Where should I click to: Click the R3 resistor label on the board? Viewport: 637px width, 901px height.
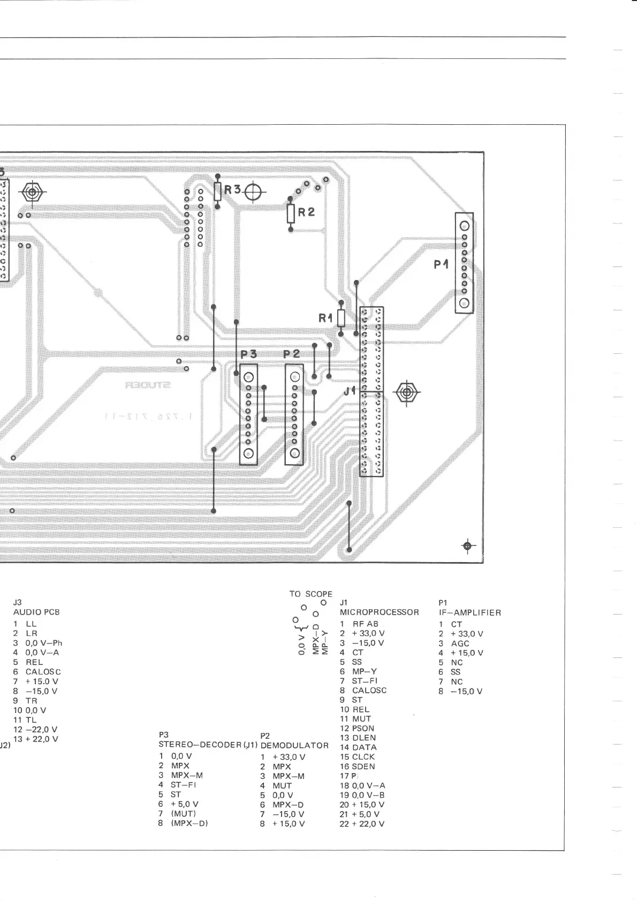[233, 190]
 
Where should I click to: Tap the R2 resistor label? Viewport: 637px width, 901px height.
[306, 212]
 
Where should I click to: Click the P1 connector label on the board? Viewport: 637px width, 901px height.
[441, 264]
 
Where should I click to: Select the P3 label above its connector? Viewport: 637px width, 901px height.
[248, 354]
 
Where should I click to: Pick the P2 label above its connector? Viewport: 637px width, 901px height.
[292, 354]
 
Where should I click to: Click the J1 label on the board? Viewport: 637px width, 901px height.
[350, 391]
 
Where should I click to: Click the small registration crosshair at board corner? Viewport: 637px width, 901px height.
[468, 546]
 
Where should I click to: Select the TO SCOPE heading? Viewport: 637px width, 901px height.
[310, 594]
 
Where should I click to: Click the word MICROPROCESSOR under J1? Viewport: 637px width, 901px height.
[379, 612]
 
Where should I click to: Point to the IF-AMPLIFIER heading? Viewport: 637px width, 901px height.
[469, 612]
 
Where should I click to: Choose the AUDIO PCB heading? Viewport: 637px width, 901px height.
[36, 612]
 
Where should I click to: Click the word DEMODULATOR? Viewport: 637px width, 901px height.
[294, 745]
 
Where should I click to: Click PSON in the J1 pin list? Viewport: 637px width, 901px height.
[363, 728]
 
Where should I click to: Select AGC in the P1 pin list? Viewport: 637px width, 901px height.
[460, 643]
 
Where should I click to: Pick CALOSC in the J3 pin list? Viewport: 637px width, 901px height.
[43, 672]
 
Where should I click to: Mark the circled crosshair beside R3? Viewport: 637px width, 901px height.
[254, 192]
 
